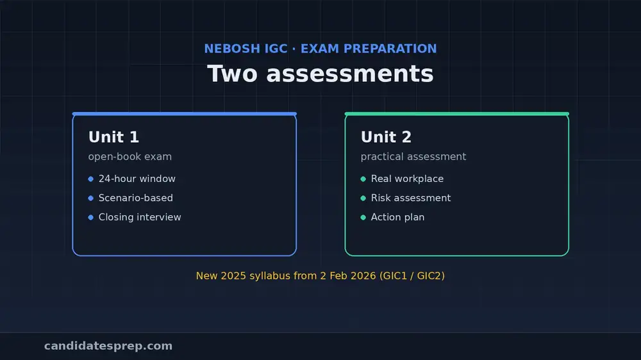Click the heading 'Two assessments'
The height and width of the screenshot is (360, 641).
click(320, 74)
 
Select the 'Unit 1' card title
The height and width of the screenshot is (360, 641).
click(113, 137)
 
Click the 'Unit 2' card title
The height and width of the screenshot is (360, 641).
click(386, 137)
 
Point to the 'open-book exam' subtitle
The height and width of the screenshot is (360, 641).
click(130, 156)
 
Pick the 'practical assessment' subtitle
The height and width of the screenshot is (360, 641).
click(413, 156)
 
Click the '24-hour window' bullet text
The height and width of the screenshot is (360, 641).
click(137, 179)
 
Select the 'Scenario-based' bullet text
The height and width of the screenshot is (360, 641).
click(136, 198)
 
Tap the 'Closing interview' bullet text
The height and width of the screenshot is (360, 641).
click(140, 217)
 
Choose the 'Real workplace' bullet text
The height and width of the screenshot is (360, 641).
click(407, 179)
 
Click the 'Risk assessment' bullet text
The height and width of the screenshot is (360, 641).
click(411, 198)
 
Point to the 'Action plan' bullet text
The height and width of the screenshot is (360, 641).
click(398, 217)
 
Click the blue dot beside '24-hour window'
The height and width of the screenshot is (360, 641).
click(91, 179)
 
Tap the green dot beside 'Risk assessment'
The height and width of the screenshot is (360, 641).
click(363, 198)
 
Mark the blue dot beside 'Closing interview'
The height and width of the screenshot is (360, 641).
click(91, 217)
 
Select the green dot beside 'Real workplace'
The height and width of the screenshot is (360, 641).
click(363, 179)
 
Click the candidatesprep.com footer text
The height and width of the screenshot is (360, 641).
click(108, 346)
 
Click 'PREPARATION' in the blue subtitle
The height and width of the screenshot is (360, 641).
click(390, 49)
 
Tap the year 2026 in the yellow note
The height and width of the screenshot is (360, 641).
click(363, 276)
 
